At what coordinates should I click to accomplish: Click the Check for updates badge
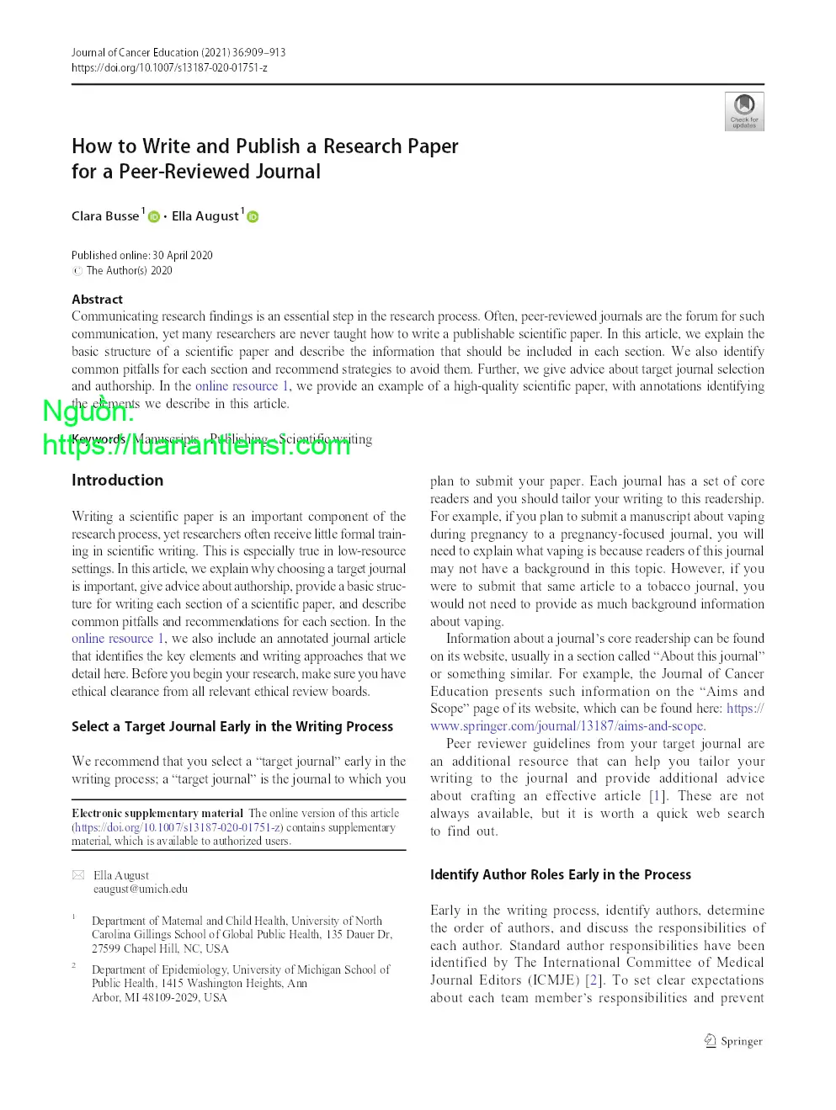click(x=744, y=111)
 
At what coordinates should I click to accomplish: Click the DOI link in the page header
click(x=169, y=67)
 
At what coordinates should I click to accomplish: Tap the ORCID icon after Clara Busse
click(x=154, y=217)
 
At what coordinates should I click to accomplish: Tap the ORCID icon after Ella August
click(x=253, y=217)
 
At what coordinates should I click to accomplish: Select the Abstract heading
click(x=97, y=300)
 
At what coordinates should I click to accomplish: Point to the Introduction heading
click(x=117, y=481)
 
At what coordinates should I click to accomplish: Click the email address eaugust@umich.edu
click(x=141, y=889)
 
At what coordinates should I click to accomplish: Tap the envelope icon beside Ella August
click(x=78, y=875)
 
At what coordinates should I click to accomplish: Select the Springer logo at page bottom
click(x=733, y=1041)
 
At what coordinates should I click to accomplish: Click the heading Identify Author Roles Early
click(x=560, y=874)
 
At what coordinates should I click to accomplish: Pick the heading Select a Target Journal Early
click(x=232, y=726)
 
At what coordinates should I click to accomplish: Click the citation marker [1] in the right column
click(x=657, y=796)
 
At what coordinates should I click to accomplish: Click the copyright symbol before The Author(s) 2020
click(x=77, y=271)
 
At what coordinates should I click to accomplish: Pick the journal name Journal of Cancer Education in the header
click(x=135, y=52)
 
